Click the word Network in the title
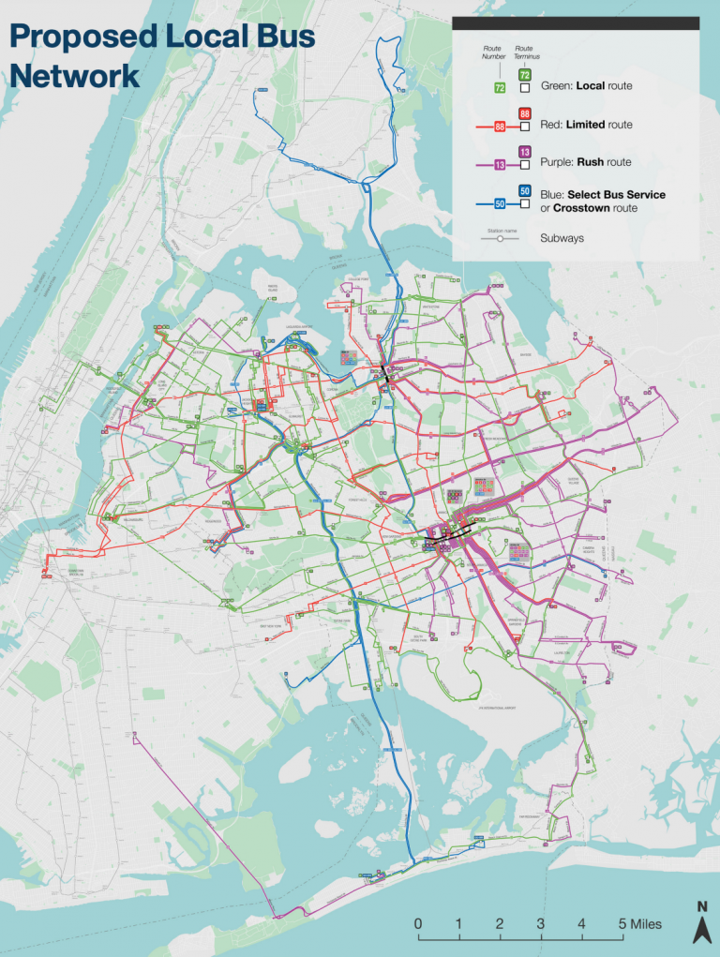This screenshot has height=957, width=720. pos(74,75)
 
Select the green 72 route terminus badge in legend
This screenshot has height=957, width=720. pos(525,75)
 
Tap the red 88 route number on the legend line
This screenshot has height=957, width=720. pos(500,126)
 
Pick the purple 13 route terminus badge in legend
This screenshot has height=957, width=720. pos(525,152)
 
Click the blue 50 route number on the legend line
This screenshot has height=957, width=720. pos(500,202)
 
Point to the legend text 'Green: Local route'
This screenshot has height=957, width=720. pos(586,86)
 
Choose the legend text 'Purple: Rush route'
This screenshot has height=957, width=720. pos(586,162)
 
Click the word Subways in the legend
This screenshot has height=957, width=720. pos(562,238)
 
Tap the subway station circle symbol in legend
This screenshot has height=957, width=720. pos(501,239)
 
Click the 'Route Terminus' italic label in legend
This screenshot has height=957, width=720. pos(524,52)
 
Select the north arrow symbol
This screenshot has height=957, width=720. pos(701,923)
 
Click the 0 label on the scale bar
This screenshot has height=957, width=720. pos(417,924)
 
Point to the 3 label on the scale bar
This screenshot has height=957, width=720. pos(541,924)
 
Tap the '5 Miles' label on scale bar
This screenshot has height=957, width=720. pos(639,924)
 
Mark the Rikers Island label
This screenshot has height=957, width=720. pos(273,288)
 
